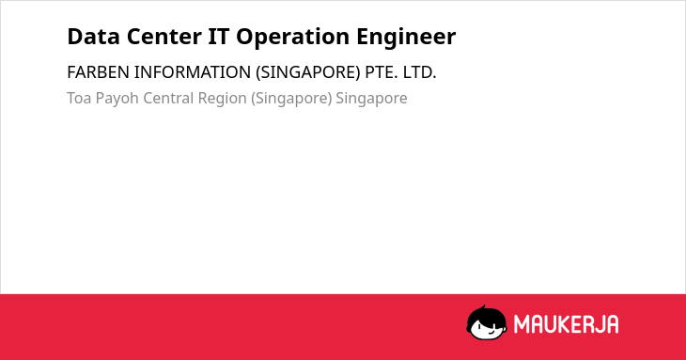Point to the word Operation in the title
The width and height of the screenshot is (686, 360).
click(292, 38)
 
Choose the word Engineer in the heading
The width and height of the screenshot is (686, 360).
click(406, 38)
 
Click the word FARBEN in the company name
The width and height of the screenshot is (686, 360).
click(98, 72)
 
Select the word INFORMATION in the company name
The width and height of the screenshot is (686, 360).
click(192, 72)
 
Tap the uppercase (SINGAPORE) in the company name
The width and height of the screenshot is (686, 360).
click(307, 72)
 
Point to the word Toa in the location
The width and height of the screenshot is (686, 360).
click(79, 98)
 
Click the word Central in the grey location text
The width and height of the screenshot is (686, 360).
click(168, 98)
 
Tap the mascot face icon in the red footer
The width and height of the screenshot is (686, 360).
click(487, 322)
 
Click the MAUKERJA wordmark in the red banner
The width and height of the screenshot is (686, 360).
click(566, 324)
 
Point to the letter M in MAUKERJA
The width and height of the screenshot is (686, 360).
click(521, 324)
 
